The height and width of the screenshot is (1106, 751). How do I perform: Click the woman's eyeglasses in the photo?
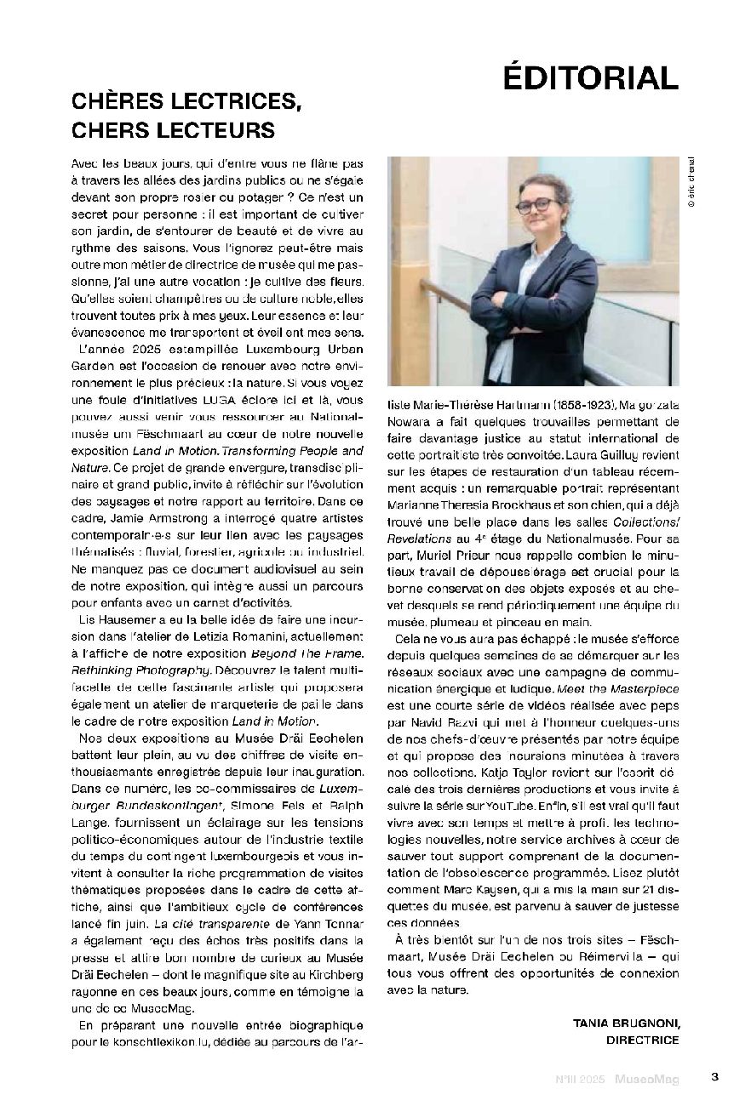coord(528,207)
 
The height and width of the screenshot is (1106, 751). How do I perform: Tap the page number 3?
coord(715,1076)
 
